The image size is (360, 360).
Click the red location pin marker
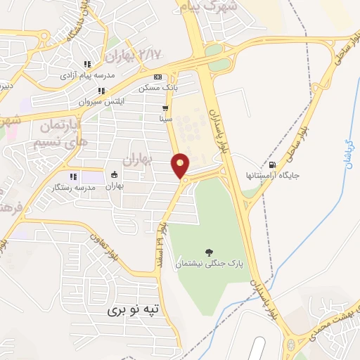click(x=181, y=165)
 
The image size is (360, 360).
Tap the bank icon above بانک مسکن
click(x=157, y=77)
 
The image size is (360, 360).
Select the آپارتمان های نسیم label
click(x=57, y=134)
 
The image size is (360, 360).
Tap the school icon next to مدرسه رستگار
click(x=72, y=176)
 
